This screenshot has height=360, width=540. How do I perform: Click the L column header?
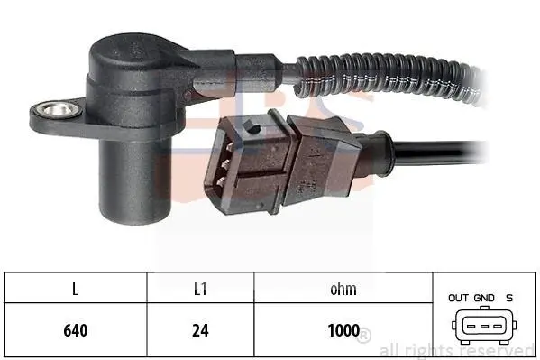tap(76, 289)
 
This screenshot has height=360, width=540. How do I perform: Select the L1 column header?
tap(200, 289)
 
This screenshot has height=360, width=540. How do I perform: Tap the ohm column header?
tap(343, 289)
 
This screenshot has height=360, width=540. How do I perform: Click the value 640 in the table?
tap(76, 330)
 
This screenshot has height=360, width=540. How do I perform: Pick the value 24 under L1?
tap(200, 330)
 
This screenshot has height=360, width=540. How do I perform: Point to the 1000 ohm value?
tap(343, 330)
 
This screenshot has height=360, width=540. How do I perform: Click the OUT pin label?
tap(458, 298)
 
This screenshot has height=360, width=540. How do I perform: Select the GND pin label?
tap(484, 298)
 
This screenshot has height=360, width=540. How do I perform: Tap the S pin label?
tap(509, 298)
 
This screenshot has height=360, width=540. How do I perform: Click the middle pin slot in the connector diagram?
tap(484, 327)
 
